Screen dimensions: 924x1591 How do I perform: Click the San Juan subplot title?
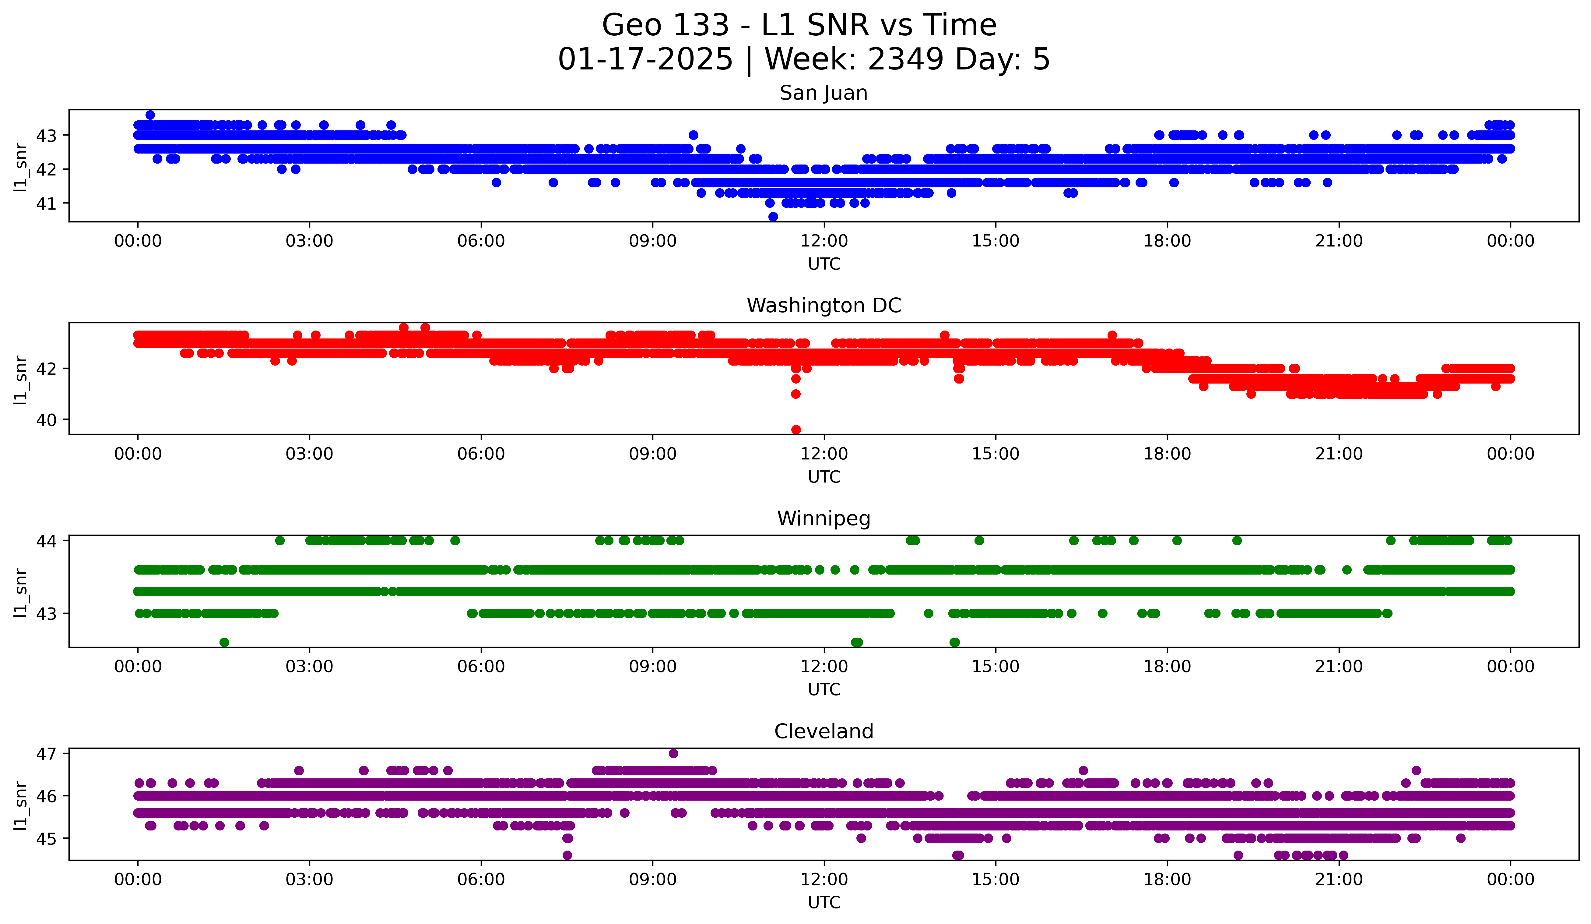[x=823, y=93]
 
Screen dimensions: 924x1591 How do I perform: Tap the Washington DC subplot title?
[x=823, y=306]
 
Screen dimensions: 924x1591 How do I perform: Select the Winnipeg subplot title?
[x=823, y=519]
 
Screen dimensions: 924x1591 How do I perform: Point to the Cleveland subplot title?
[x=823, y=731]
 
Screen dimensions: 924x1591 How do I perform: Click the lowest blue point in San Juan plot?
[x=773, y=217]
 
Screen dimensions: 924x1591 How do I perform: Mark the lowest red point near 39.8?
[x=795, y=430]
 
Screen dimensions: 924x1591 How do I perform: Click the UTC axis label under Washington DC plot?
[x=823, y=477]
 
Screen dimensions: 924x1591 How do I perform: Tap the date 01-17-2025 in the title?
[x=645, y=59]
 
